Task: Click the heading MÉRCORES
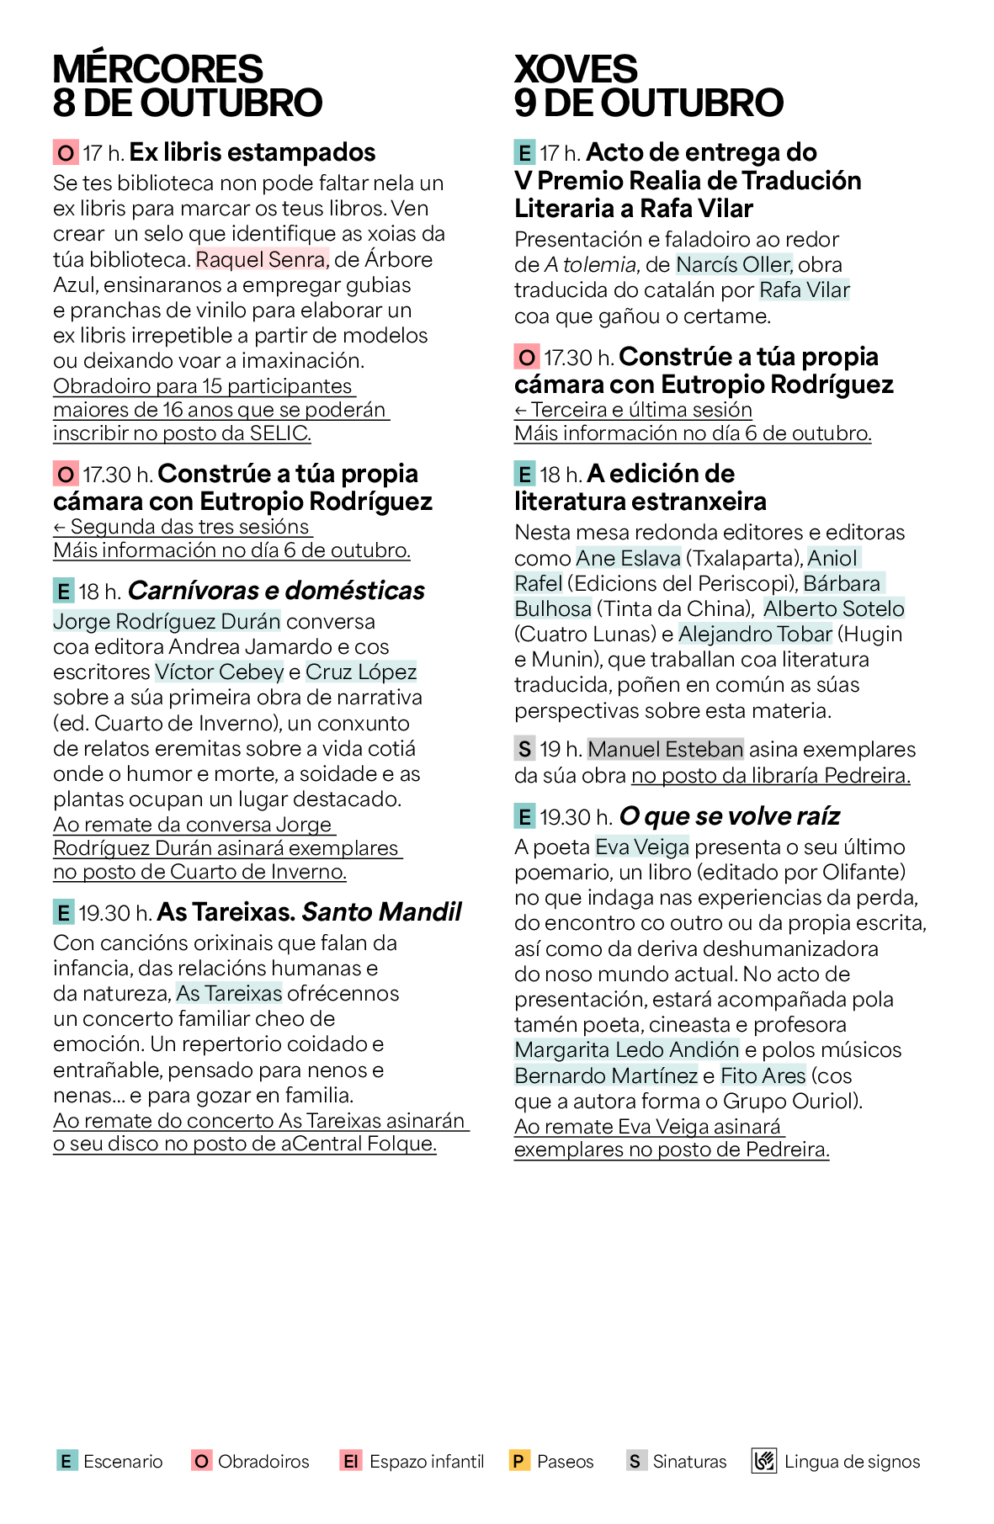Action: point(157,69)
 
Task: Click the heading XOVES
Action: point(576,69)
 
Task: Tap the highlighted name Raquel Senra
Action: point(261,259)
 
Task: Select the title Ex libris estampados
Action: point(252,152)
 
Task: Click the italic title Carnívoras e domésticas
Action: point(276,591)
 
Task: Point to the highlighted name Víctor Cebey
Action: point(220,672)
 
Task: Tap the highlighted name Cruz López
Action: point(361,672)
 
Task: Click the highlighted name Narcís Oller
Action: point(733,265)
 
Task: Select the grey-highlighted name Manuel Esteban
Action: point(665,749)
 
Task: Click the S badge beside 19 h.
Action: point(524,749)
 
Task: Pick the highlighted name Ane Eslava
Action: point(628,558)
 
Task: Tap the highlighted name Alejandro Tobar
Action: point(755,635)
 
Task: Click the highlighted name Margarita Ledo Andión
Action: point(626,1050)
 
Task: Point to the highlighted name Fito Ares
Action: point(763,1075)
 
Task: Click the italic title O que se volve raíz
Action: point(729,816)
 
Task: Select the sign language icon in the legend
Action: point(763,1461)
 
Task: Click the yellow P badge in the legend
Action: point(519,1461)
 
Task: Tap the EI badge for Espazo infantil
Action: point(350,1461)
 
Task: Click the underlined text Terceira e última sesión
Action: point(641,410)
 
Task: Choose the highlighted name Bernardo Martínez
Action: point(606,1075)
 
